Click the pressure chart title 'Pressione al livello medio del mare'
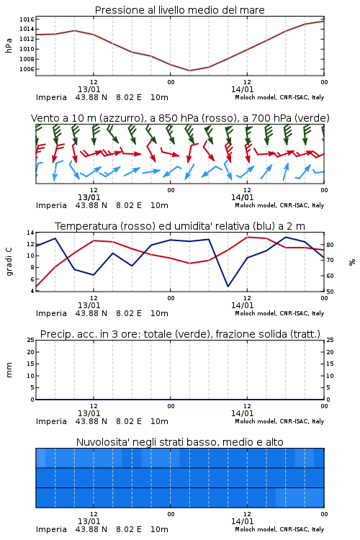[x=179, y=10]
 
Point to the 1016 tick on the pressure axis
[x=27, y=19]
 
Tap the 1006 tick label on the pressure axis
[x=27, y=69]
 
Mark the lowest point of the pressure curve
[x=189, y=71]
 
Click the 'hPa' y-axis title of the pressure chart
[x=9, y=45]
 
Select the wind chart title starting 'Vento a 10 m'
[x=180, y=118]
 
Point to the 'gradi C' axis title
[x=9, y=261]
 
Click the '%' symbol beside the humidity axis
[x=352, y=262]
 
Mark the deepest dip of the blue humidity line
[x=228, y=286]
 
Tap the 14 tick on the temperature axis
[x=30, y=233]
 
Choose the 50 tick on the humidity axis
[x=330, y=292]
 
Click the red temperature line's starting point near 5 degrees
[x=36, y=286]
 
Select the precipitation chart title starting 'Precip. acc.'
[x=180, y=334]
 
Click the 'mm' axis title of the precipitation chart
[x=9, y=369]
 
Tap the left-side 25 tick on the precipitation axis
[x=30, y=340]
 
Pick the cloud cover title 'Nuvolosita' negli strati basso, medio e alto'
[x=179, y=442]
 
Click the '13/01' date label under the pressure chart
[x=89, y=89]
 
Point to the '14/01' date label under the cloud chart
[x=242, y=521]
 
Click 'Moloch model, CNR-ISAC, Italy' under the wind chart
[x=279, y=205]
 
